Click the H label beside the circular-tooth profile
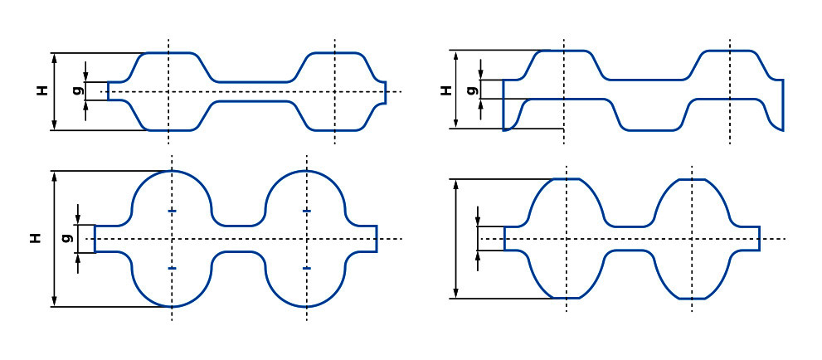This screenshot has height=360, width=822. [35, 239]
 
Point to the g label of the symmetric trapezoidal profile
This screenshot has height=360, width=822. [78, 90]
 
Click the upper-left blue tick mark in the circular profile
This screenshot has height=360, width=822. [172, 211]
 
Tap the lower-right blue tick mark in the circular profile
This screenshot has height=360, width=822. [307, 268]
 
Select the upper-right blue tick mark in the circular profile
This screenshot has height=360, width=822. [307, 211]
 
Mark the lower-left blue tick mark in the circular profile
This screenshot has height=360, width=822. [172, 268]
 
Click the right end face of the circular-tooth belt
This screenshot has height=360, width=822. [377, 238]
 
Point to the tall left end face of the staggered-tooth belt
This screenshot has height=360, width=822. [503, 105]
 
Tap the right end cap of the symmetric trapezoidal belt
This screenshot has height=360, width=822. [386, 92]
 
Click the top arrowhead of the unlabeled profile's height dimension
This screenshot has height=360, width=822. [456, 183]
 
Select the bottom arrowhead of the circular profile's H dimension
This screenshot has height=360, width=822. [55, 302]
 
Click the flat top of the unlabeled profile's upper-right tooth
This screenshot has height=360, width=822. [692, 179]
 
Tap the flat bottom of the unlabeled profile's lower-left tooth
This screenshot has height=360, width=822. [567, 298]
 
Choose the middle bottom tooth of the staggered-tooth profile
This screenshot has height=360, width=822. [650, 114]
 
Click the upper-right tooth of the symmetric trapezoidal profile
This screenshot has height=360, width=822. [334, 67]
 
